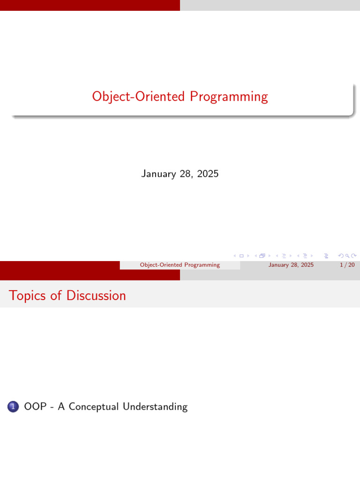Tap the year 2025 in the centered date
tap(208, 174)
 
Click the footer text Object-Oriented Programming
tap(180, 265)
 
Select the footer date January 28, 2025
tap(291, 265)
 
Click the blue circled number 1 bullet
tap(13, 407)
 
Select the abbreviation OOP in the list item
tap(35, 407)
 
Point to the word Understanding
tap(155, 407)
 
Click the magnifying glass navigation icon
tap(347, 256)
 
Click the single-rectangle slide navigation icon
tap(241, 256)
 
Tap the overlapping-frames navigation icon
tap(262, 256)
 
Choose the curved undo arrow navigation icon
tap(341, 256)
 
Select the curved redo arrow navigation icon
tap(354, 256)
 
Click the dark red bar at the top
tap(90, 5)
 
